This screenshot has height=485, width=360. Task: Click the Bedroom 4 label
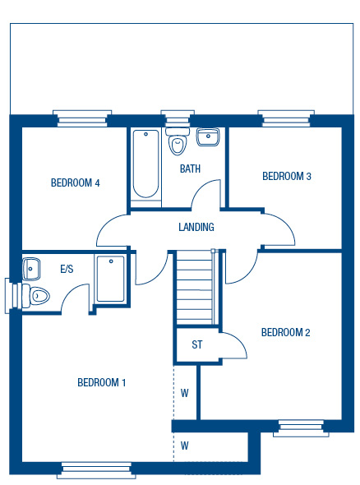coord(75,182)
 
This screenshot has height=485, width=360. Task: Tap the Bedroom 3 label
coord(287,176)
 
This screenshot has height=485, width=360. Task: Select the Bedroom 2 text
coord(285,332)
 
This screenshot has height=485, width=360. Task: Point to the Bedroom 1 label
coord(101,382)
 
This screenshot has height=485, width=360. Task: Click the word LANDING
coord(196,227)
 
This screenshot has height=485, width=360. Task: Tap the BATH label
coord(190,169)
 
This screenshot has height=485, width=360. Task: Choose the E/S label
coord(67,269)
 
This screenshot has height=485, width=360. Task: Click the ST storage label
coord(197,344)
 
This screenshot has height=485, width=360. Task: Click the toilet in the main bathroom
coord(178,141)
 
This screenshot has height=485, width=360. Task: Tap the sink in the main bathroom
coord(208,137)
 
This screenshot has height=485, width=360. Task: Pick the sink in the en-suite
coord(31,269)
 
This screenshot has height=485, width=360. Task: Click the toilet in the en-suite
coord(36,296)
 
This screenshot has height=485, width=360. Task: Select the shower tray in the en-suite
coord(111,279)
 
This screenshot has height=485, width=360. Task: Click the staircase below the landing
coord(196,288)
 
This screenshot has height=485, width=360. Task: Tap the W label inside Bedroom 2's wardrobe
coord(185,393)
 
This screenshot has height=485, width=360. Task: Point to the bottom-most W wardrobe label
coord(185,446)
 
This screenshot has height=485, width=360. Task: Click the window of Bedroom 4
coord(82,118)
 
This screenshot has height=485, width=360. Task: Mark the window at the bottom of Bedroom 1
coord(96,470)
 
